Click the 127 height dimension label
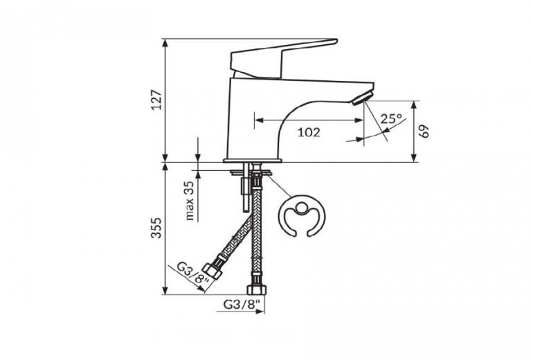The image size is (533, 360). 156,100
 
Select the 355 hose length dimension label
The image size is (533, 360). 156,228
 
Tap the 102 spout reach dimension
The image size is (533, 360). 309,132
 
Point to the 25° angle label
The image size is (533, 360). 391,118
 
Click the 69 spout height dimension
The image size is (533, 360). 424,132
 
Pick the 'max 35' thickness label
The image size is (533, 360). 190,201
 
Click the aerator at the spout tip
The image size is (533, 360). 363,98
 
